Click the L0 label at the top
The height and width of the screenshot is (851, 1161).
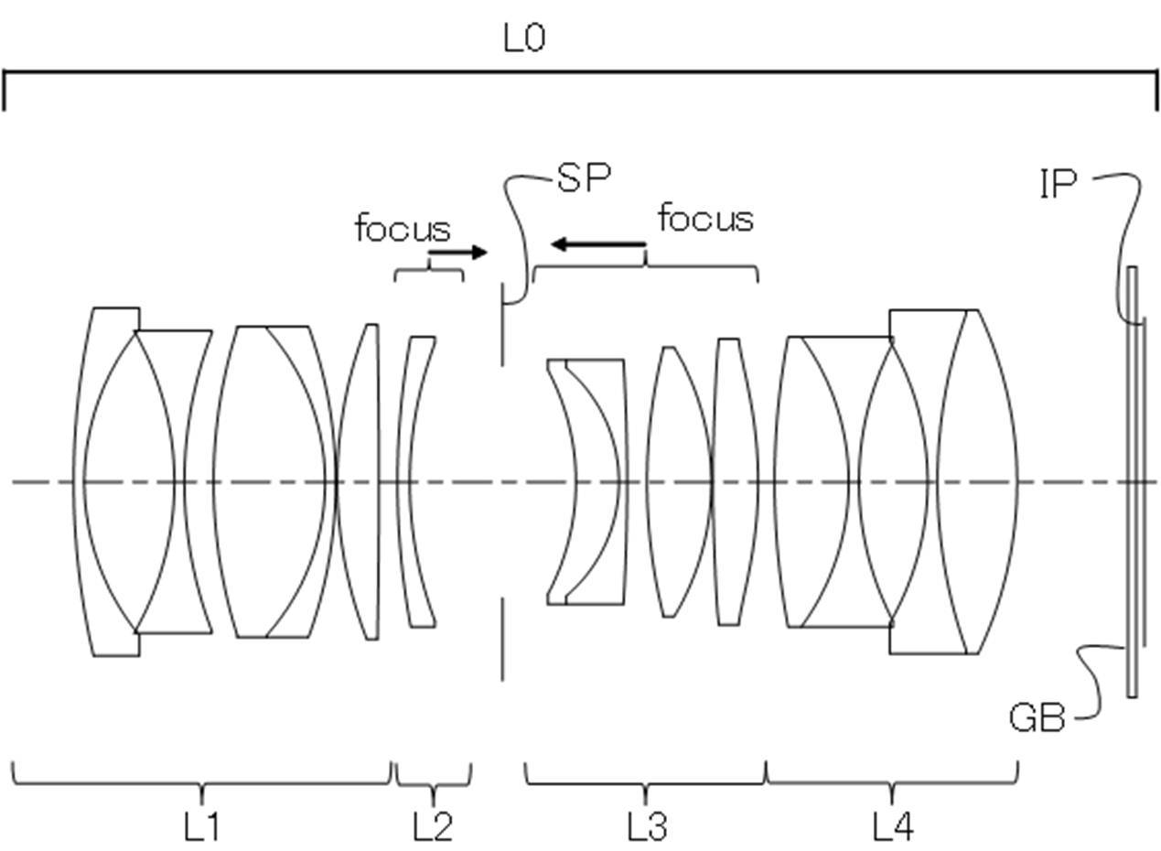pos(524,39)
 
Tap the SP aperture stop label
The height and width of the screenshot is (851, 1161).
pos(584,178)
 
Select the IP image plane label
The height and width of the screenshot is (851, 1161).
pos(1059,184)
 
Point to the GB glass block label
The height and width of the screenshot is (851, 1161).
pos(1037,717)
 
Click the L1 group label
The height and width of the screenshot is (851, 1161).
pos(201,826)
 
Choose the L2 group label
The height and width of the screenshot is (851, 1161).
pos(433,826)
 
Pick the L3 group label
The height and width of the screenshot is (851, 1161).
pos(648,826)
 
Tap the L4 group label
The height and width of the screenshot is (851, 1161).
pos(893,826)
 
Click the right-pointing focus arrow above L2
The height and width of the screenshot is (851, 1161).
pos(458,253)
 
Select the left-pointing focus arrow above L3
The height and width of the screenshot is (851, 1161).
pos(598,243)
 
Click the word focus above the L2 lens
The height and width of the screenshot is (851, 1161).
pos(403,228)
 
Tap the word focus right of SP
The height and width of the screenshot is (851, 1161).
pos(706,218)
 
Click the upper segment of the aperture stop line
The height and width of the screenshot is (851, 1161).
pos(502,325)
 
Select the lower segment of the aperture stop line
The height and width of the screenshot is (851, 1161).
pos(502,639)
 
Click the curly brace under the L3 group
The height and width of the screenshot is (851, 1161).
pos(645,783)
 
